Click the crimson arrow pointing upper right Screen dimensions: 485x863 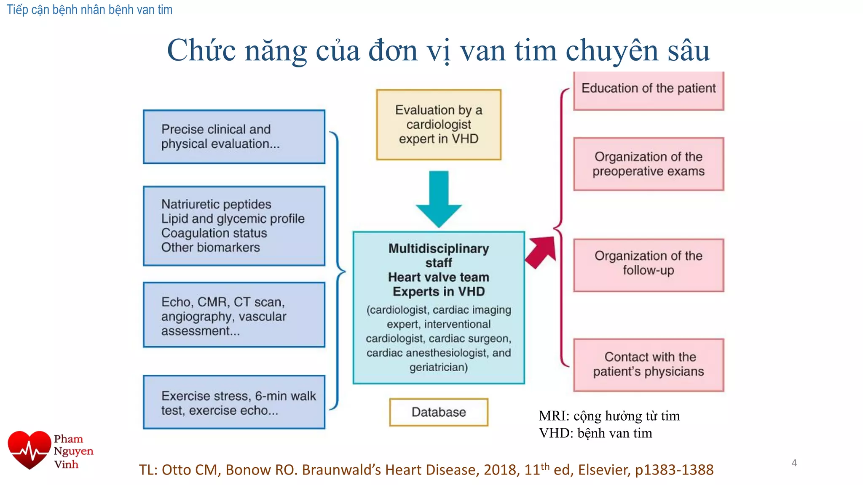pos(541,251)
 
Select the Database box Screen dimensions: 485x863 pos(439,412)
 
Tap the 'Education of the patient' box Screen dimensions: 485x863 pos(649,89)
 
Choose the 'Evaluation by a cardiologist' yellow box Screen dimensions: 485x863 pos(439,125)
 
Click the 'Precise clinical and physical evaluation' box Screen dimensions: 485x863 pos(234,137)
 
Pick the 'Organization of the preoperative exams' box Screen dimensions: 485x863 pos(649,164)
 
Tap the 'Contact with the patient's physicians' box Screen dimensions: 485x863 pos(649,365)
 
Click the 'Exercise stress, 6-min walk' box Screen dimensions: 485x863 pos(234,402)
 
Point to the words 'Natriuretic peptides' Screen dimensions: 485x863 pos(216,205)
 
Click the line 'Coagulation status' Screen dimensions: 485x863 pos(214,233)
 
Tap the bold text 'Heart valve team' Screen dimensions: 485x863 pos(439,277)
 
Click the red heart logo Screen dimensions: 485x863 pos(29,450)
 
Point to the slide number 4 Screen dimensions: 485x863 pos(794,463)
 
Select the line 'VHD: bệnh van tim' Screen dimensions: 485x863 pos(595,433)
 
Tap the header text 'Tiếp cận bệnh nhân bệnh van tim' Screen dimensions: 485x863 pos(89,10)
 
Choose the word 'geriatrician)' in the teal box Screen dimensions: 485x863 pos(439,368)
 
